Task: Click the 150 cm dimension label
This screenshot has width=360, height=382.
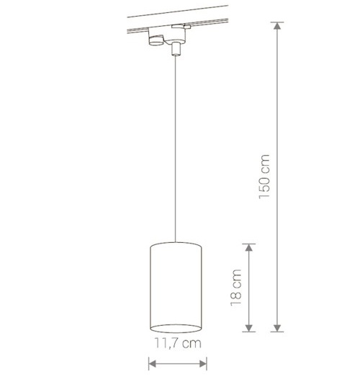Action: pyautogui.click(x=264, y=177)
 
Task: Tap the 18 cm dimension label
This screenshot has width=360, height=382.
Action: pyautogui.click(x=236, y=288)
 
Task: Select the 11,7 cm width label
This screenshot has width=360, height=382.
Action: pyautogui.click(x=178, y=343)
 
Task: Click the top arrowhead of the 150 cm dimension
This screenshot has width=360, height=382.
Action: pyautogui.click(x=277, y=26)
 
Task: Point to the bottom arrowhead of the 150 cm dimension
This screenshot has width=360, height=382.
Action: pyautogui.click(x=277, y=328)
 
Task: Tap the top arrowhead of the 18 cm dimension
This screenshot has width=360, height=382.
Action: pyautogui.click(x=249, y=247)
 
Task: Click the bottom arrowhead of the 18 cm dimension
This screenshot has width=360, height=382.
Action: pyautogui.click(x=249, y=328)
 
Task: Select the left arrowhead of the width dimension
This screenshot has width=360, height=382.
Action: pyautogui.click(x=153, y=364)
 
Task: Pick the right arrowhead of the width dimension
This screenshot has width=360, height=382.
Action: pyautogui.click(x=203, y=364)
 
